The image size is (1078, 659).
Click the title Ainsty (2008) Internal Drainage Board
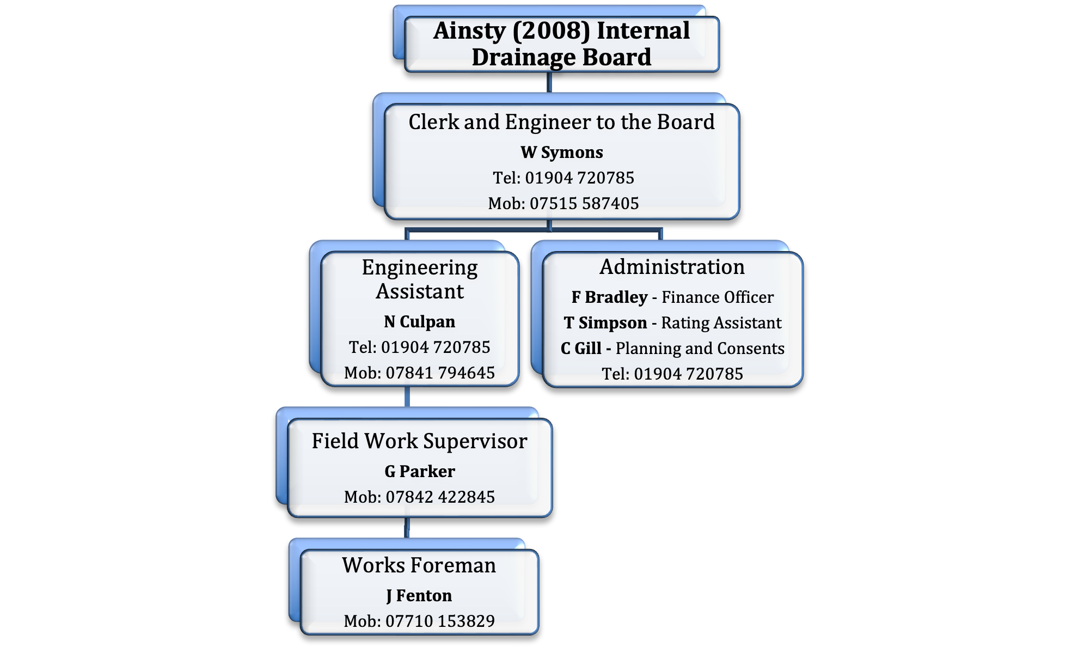tap(561, 44)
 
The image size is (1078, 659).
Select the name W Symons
tap(562, 152)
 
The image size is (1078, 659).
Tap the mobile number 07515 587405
tap(584, 203)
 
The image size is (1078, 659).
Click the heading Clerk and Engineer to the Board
tap(562, 122)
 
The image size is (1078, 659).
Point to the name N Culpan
tap(419, 322)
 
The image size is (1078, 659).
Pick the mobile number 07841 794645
tap(440, 373)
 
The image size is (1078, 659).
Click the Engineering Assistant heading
tap(420, 279)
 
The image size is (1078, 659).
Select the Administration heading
tap(672, 267)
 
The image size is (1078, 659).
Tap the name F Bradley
tap(610, 297)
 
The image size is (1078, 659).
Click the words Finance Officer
tap(718, 297)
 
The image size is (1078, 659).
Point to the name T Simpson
tap(605, 323)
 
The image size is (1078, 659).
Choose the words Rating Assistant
tap(721, 323)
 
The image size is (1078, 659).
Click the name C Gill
tap(581, 349)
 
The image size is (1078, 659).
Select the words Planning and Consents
tap(700, 349)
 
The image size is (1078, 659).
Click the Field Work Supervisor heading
tap(420, 441)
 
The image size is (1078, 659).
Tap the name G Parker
tap(420, 471)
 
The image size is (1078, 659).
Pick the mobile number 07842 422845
tap(440, 497)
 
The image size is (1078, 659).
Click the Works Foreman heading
tap(419, 565)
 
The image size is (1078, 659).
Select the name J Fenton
tap(419, 596)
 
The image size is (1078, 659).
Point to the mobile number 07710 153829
tap(440, 621)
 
